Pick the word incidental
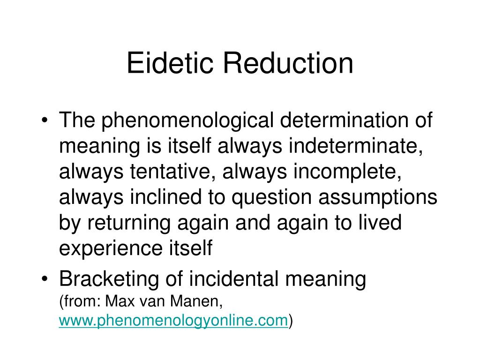pos(231,279)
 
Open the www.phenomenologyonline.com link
pos(173,320)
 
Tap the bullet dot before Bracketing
pos(45,280)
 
